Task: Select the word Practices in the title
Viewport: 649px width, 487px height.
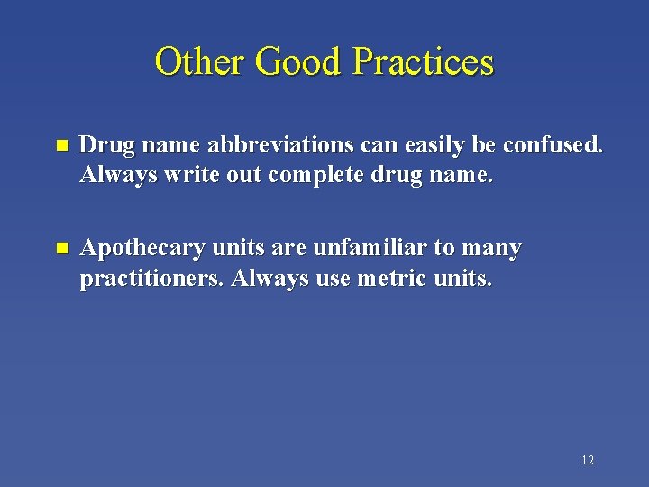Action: (424, 62)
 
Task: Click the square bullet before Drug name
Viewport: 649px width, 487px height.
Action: (60, 146)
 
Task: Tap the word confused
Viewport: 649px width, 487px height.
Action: (553, 146)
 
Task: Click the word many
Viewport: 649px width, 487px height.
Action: (492, 249)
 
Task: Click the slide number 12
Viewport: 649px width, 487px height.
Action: (587, 461)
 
